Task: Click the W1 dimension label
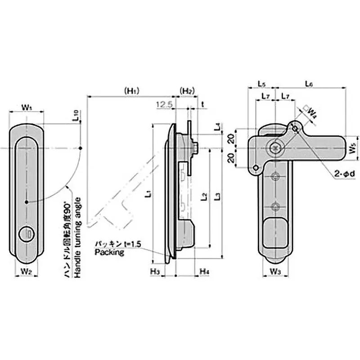tap(27, 108)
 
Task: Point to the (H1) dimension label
tap(131, 91)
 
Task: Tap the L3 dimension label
tap(218, 197)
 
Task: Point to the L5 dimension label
tap(261, 84)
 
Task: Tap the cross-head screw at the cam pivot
tap(275, 147)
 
